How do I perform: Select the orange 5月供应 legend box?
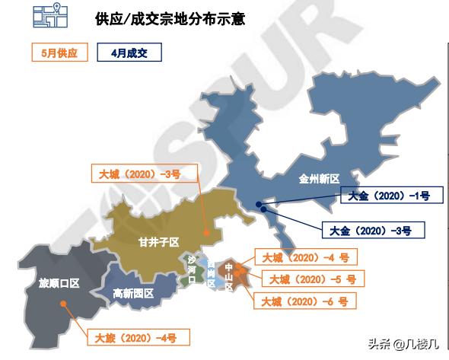tap(54, 53)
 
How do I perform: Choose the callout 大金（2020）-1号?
tap(384, 196)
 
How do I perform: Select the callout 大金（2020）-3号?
tap(368, 228)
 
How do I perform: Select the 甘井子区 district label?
tap(158, 242)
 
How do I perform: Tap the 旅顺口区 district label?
tap(59, 284)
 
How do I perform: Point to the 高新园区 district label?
tap(133, 293)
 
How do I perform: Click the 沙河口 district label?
tap(192, 270)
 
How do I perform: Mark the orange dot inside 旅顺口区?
tap(64, 304)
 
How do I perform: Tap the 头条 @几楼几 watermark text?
tap(404, 344)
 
